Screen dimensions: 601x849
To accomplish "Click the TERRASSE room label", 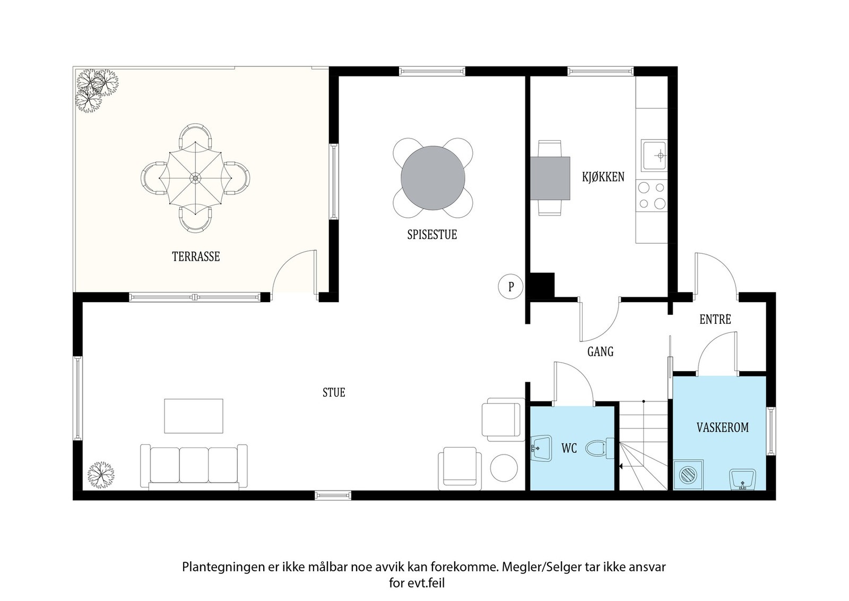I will pos(196,256).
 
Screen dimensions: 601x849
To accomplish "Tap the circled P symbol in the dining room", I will pos(511,287).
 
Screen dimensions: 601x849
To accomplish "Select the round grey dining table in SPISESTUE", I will pos(432,178).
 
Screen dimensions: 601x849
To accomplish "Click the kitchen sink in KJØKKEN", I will pos(654,156).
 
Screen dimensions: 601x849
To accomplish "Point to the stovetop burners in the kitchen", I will pos(652,195).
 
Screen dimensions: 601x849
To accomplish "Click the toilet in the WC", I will pos(600,449).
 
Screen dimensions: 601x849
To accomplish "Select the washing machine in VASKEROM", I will pos(688,474).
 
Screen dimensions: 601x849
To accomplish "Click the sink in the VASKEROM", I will pos(742,479).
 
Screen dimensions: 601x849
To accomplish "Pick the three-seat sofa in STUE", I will pos(194,465).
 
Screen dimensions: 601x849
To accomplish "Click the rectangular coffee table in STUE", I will pos(193,416).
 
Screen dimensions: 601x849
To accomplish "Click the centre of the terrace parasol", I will pos(195,178).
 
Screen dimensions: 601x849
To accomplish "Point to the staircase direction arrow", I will pos(620,467).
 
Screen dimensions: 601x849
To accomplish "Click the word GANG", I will pos(600,351).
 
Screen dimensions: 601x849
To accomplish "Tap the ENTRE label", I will pos(715,320).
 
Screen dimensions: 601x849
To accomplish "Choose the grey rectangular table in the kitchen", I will pos(550,178).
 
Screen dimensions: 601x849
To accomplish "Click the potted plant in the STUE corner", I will pos(101,474).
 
